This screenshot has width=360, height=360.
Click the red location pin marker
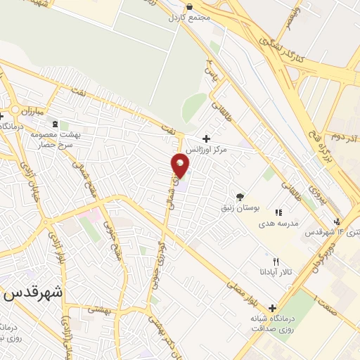181,165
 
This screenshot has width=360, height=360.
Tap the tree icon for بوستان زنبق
241,198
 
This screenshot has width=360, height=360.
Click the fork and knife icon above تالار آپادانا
266,261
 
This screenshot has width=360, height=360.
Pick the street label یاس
209,68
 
